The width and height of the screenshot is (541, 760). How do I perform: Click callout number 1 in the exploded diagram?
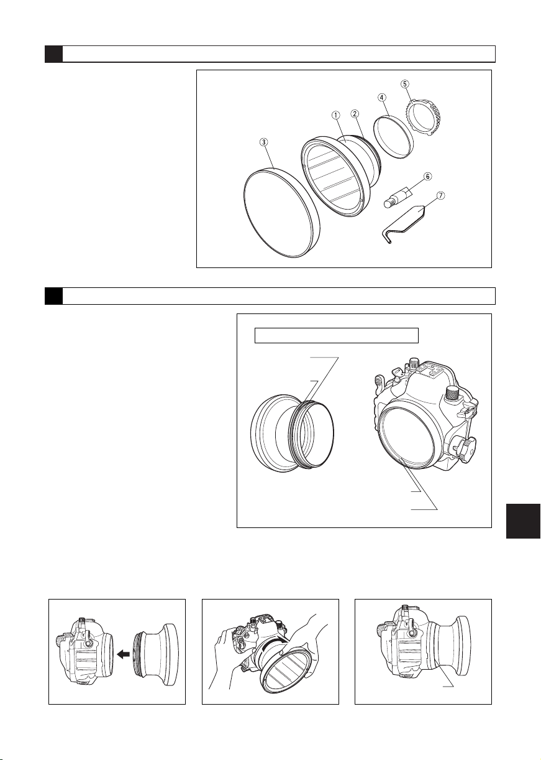(x=335, y=115)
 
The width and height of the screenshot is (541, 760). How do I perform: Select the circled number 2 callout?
(x=355, y=114)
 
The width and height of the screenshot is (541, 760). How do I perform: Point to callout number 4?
(x=381, y=97)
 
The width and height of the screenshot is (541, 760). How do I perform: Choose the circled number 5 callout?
(x=406, y=84)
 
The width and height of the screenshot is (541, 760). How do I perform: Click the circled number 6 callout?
(x=427, y=177)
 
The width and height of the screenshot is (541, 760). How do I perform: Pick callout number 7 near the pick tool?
(x=440, y=195)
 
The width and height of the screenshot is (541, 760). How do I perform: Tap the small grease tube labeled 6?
(x=398, y=198)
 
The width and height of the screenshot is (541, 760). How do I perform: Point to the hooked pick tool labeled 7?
(x=402, y=226)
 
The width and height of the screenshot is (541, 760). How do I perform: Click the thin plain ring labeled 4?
(x=393, y=136)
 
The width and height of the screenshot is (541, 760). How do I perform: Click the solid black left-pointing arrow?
(x=124, y=654)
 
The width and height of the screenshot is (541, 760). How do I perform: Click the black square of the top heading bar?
(x=53, y=54)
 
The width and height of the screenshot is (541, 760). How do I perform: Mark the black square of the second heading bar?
(x=53, y=296)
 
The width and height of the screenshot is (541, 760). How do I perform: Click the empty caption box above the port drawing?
(x=337, y=335)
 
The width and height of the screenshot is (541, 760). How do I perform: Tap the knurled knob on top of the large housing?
(x=453, y=394)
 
